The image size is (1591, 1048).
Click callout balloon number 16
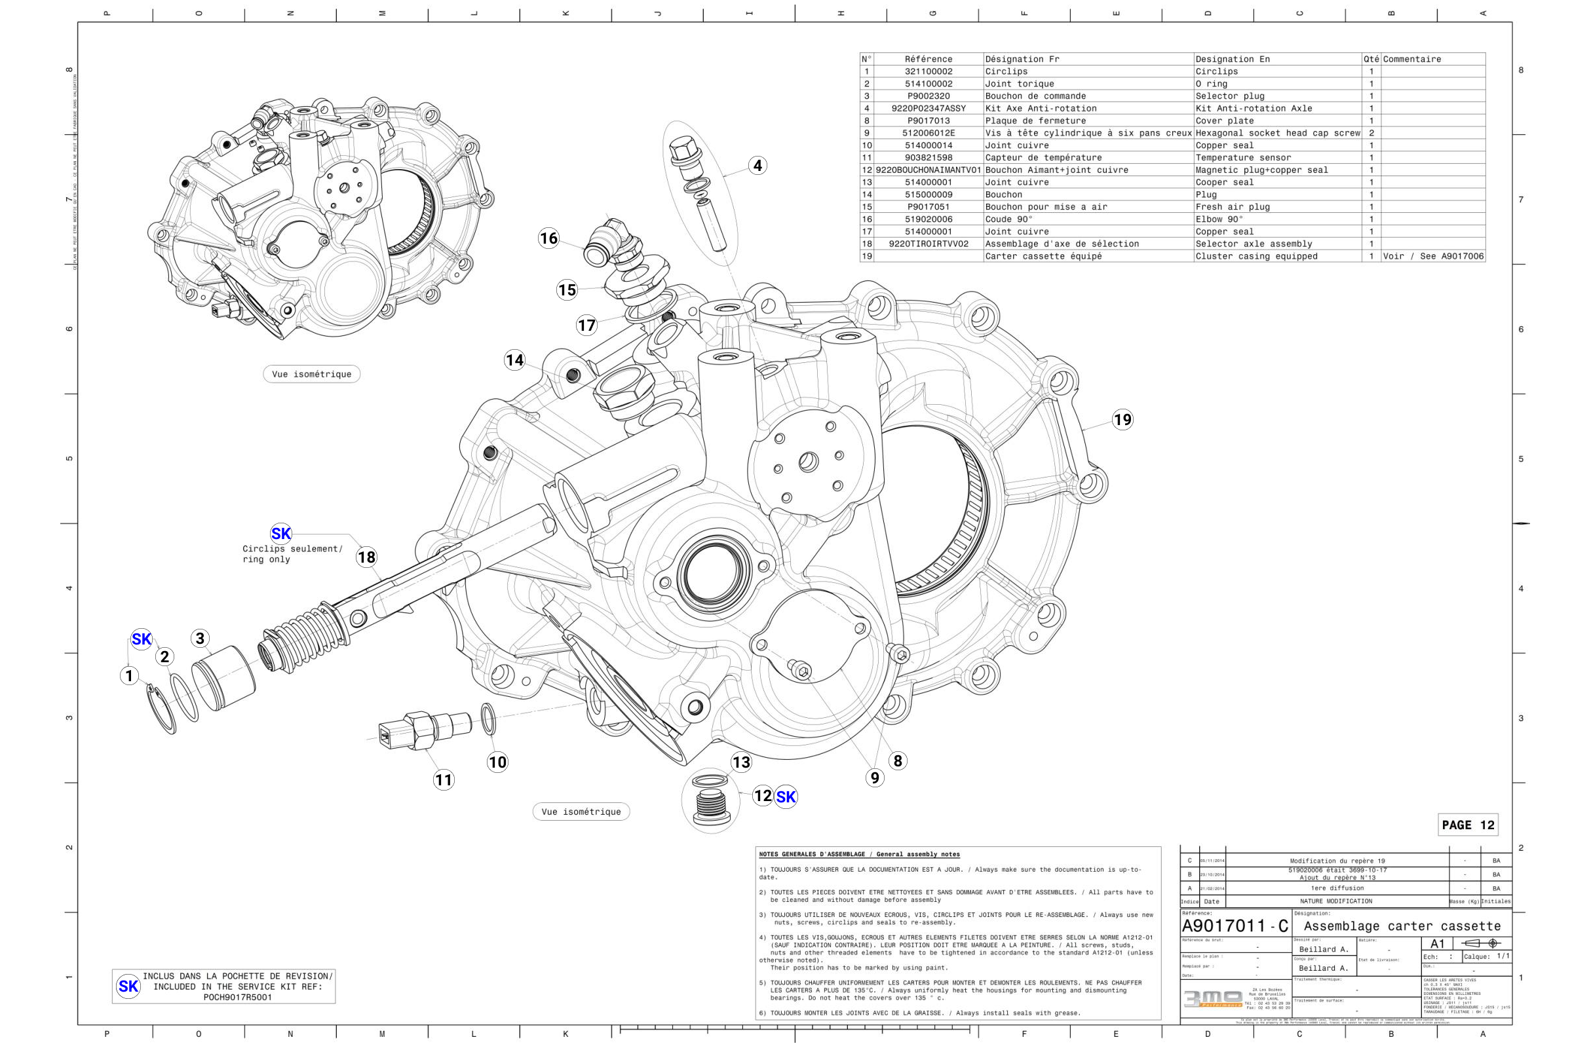click(x=548, y=238)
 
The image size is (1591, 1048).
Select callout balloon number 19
click(x=1122, y=420)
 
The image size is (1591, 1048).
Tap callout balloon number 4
click(x=757, y=165)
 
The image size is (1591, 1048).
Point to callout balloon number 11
click(x=444, y=779)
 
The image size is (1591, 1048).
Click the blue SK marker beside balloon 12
click(x=786, y=796)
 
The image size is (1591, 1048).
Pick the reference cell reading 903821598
click(x=928, y=158)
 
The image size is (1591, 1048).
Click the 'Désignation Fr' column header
click(x=1022, y=59)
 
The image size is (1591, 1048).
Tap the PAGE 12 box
click(x=1467, y=825)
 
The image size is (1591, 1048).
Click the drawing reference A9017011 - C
click(x=1234, y=926)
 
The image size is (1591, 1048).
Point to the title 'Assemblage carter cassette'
click(x=1402, y=926)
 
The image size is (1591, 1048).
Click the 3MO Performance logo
click(x=1213, y=1000)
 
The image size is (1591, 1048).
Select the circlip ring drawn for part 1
click(x=161, y=710)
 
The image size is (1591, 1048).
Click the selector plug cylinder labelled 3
click(x=223, y=679)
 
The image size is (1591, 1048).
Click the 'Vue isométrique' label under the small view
click(x=311, y=374)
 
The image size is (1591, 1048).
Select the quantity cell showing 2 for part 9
click(x=1371, y=133)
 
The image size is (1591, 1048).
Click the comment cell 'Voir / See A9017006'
click(x=1432, y=256)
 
